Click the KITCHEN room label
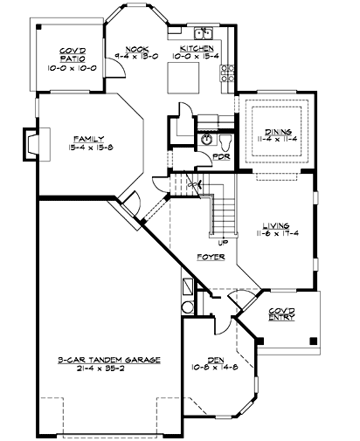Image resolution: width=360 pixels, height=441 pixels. click(197, 48)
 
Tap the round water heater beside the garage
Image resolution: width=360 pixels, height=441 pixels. click(188, 307)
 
